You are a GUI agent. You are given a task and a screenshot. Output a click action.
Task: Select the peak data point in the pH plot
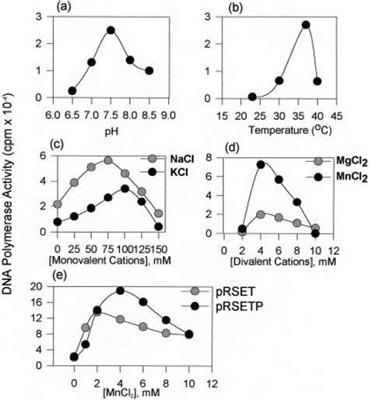click(111, 30)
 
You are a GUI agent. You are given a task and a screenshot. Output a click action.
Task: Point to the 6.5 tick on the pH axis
click(72, 114)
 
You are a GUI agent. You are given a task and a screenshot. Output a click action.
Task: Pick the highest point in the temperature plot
click(306, 24)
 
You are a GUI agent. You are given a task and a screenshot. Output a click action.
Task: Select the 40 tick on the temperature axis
click(317, 114)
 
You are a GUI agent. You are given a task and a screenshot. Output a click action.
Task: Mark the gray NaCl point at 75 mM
click(107, 160)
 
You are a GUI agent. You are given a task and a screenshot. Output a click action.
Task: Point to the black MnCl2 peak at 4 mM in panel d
click(261, 164)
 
